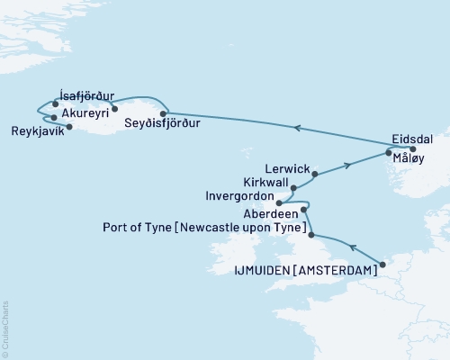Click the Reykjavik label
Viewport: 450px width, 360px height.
click(37, 130)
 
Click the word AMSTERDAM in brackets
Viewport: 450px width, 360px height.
click(335, 269)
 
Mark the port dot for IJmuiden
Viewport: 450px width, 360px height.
click(382, 265)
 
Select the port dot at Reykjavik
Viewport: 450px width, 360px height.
click(70, 126)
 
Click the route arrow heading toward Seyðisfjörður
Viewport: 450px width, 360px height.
click(297, 129)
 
